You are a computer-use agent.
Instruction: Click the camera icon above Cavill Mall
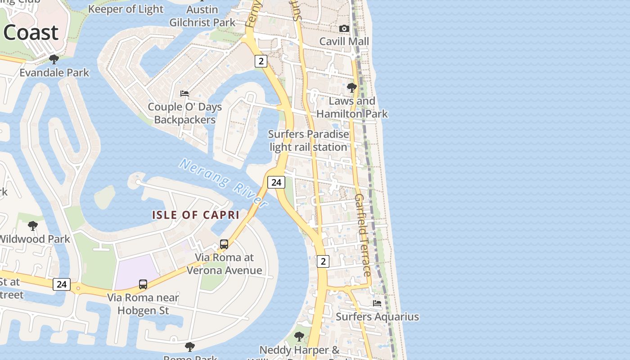click(344, 28)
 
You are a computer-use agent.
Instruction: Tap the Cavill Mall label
click(344, 41)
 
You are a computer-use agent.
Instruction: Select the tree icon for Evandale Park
click(54, 59)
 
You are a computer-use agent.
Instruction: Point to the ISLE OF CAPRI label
click(195, 215)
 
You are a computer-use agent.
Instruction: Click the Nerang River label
click(224, 182)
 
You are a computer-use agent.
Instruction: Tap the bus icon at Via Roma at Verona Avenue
click(224, 244)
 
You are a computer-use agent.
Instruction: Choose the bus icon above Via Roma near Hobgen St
click(143, 284)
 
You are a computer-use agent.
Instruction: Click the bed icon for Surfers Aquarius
click(377, 303)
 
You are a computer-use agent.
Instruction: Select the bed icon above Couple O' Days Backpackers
click(184, 94)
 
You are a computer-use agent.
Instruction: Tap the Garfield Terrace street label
click(363, 235)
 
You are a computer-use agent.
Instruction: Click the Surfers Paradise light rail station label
click(308, 140)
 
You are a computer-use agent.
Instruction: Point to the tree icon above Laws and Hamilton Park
click(352, 87)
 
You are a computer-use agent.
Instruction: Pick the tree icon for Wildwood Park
click(32, 225)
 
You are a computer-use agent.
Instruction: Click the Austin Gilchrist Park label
click(202, 16)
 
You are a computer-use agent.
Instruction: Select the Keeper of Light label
click(126, 9)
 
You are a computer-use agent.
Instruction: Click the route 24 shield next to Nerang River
click(276, 182)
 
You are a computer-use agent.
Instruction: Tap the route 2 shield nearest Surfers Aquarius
click(323, 261)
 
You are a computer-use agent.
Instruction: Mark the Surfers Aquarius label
click(377, 317)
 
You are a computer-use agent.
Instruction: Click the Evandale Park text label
click(54, 72)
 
